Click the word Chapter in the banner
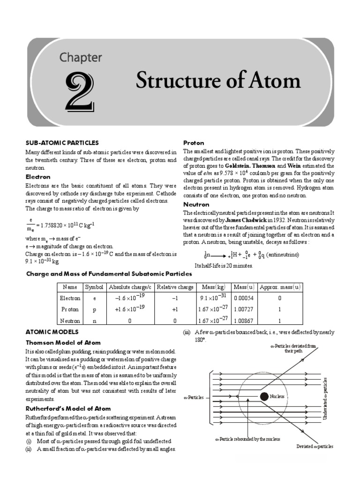point(80,58)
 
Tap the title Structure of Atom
point(218,81)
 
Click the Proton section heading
point(193,142)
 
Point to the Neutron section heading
point(196,205)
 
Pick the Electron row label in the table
point(70,298)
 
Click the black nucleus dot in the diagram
point(264,396)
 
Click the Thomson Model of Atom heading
point(63,343)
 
